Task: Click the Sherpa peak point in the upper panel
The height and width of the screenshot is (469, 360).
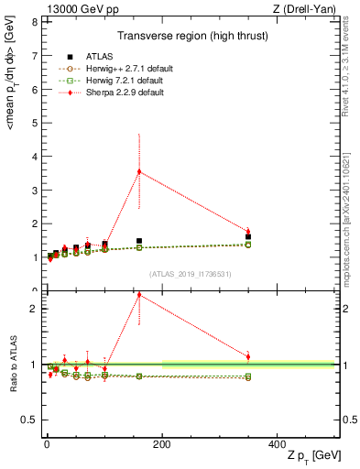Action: pyautogui.click(x=139, y=171)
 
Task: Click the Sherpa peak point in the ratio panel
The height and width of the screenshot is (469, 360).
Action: pyautogui.click(x=139, y=295)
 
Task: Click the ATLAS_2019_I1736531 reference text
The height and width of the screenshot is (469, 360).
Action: pyautogui.click(x=190, y=273)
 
